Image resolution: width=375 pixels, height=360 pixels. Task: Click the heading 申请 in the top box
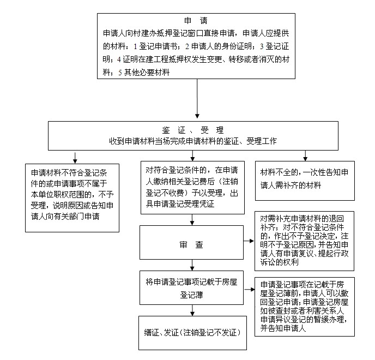(196, 21)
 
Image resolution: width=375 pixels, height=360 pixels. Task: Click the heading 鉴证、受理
(193, 130)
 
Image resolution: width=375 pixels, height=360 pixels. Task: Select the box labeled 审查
(191, 243)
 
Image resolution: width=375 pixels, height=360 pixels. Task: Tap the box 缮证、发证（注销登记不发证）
(192, 333)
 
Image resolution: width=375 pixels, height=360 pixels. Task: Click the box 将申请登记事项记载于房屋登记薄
(191, 287)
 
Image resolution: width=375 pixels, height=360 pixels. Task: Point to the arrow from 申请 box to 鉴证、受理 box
(197, 99)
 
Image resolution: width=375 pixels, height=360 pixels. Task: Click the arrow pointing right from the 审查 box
(249, 241)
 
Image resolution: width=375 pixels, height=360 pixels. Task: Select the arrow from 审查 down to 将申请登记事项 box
(192, 265)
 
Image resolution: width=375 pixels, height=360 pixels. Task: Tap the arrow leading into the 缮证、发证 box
(192, 310)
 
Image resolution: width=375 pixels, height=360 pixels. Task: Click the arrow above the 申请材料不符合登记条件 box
(75, 158)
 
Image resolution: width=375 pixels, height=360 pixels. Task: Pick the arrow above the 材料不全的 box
(305, 155)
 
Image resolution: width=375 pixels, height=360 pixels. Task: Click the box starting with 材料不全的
(305, 181)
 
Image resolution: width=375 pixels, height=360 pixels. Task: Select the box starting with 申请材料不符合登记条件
(72, 198)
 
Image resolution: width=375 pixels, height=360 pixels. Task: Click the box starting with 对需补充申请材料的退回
(305, 241)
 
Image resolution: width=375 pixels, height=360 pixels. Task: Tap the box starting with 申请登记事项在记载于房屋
(305, 307)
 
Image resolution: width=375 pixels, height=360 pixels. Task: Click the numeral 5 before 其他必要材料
(120, 73)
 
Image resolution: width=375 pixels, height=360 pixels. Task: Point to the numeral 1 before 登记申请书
(135, 46)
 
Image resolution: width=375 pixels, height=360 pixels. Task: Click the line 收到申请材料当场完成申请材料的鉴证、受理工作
(193, 141)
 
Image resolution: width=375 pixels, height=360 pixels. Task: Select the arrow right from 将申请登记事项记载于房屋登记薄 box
(249, 290)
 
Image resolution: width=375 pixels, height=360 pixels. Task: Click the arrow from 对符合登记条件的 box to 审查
(192, 220)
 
